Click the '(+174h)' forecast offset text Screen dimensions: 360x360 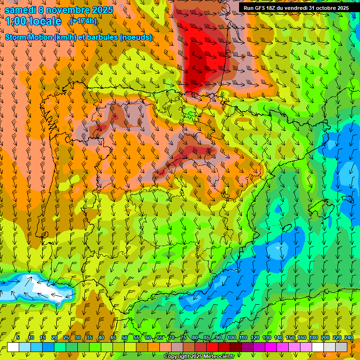83,21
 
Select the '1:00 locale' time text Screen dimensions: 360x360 33,21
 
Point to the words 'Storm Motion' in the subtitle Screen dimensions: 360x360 29,37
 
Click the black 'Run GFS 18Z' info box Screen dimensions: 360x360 296,8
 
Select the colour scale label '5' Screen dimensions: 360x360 18,337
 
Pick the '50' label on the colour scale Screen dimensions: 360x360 124,337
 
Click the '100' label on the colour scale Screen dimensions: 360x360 231,337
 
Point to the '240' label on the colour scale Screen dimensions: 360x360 349,337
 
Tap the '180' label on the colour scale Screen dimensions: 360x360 314,337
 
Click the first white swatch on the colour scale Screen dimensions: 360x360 13,347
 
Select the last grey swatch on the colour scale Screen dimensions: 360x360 341,347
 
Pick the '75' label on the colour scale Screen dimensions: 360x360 183,337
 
